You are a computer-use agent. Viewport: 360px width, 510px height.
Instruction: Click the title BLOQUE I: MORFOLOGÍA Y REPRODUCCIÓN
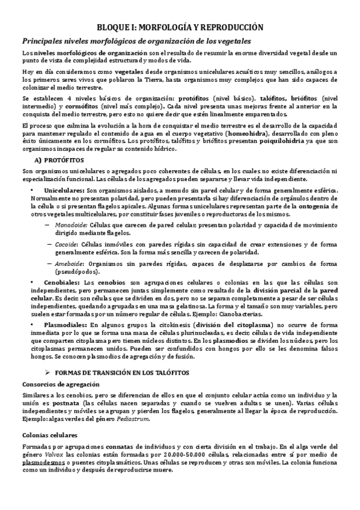[x=180, y=27]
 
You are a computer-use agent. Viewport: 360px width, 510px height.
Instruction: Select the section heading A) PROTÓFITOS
[x=59, y=160]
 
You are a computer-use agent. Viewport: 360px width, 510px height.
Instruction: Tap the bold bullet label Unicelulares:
[x=64, y=190]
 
